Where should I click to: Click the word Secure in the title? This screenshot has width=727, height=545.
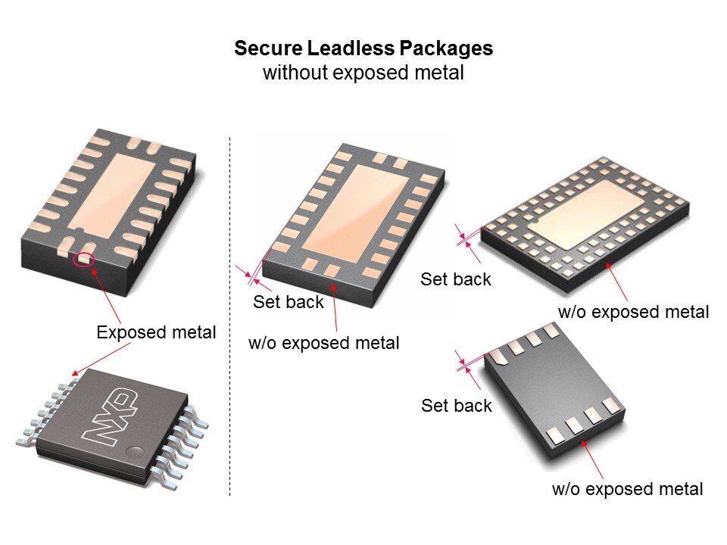pyautogui.click(x=269, y=48)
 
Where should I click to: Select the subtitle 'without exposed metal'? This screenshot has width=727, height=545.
pyautogui.click(x=363, y=73)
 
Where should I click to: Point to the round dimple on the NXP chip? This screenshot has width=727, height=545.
pyautogui.click(x=136, y=451)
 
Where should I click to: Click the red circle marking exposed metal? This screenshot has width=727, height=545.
pyautogui.click(x=84, y=259)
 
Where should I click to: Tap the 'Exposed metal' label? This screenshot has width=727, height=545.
pyautogui.click(x=156, y=332)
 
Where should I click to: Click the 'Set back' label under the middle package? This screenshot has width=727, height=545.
pyautogui.click(x=288, y=302)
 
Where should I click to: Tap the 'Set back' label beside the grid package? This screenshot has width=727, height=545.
pyautogui.click(x=456, y=279)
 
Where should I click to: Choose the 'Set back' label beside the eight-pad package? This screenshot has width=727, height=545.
pyautogui.click(x=456, y=406)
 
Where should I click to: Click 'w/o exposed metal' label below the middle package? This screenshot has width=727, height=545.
pyautogui.click(x=323, y=344)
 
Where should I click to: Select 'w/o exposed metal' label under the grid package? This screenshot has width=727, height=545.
pyautogui.click(x=633, y=312)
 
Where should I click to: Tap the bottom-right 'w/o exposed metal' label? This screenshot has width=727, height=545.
pyautogui.click(x=627, y=490)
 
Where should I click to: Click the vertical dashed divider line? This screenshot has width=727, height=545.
pyautogui.click(x=229, y=316)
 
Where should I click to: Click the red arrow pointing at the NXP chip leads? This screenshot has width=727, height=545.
pyautogui.click(x=101, y=359)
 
